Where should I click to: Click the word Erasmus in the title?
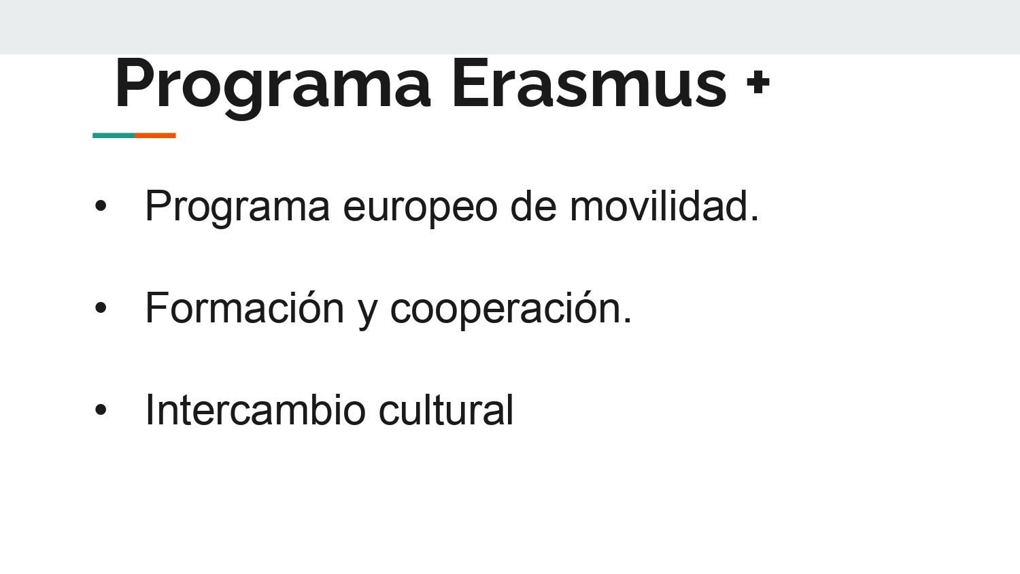tap(590, 84)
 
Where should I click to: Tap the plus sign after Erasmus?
tap(758, 83)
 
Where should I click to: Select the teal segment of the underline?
tap(114, 135)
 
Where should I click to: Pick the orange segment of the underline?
tap(155, 135)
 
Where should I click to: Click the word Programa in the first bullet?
tap(237, 207)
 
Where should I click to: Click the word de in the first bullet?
tap(533, 205)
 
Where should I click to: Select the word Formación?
tap(245, 307)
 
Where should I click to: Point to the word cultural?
tap(446, 409)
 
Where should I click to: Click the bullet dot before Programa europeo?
tap(100, 206)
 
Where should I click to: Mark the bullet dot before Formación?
tap(100, 307)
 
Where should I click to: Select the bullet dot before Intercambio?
tap(100, 409)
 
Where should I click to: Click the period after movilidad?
tap(755, 218)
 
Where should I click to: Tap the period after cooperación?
tap(628, 320)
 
